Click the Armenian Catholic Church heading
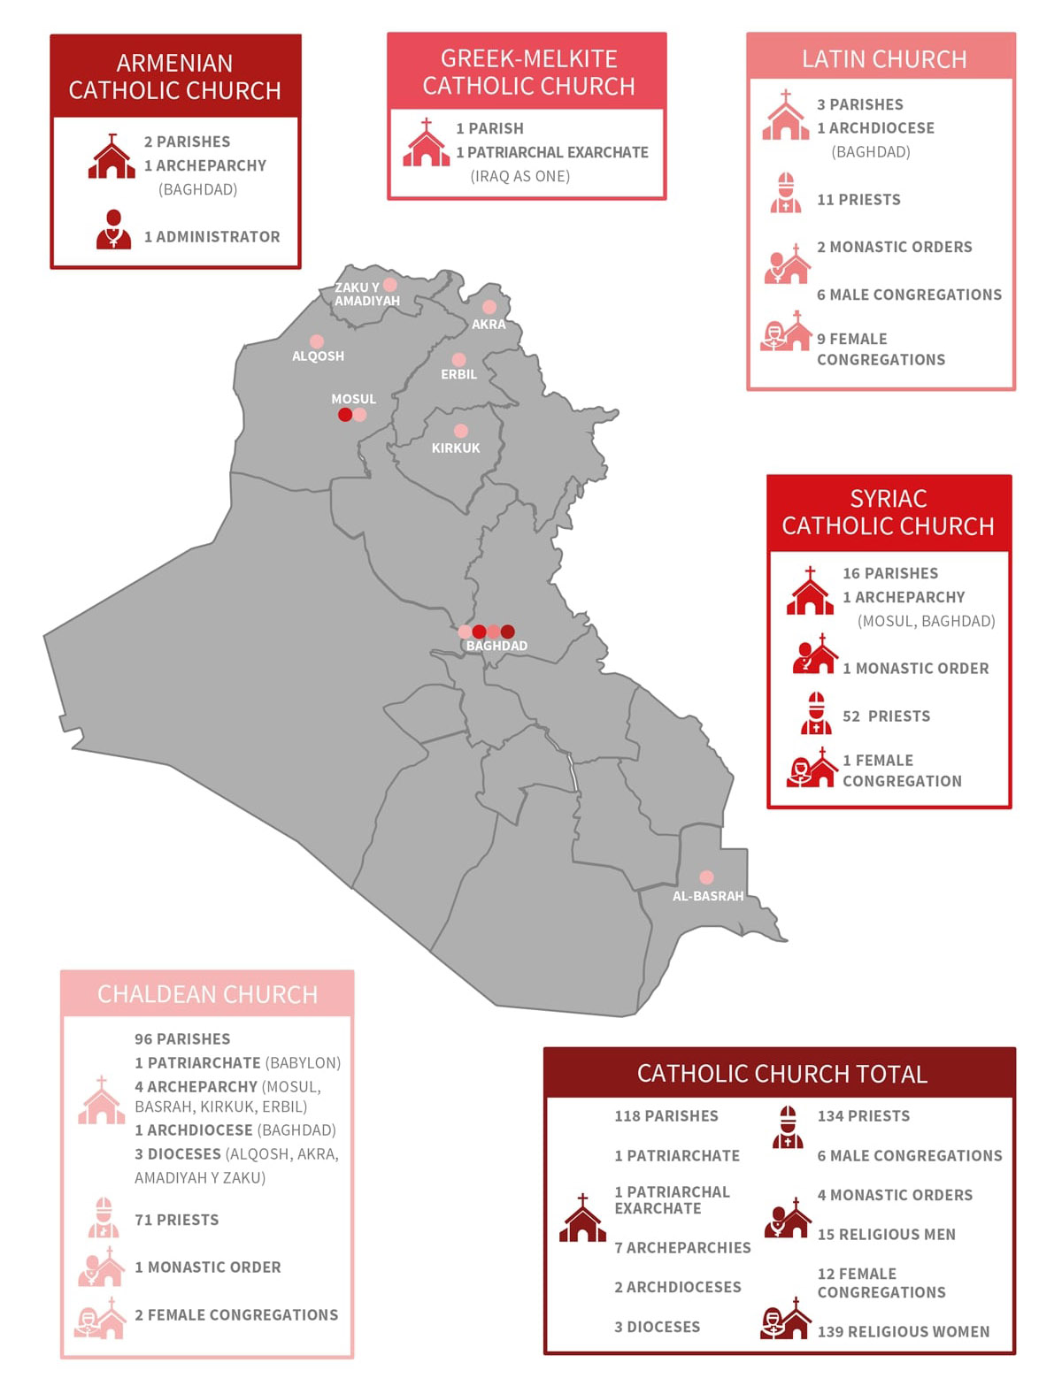(175, 77)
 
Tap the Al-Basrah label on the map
(708, 896)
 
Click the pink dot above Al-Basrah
(706, 877)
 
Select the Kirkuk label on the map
(456, 448)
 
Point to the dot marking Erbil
(458, 360)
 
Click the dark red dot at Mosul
(345, 414)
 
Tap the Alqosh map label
(318, 356)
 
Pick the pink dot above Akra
(489, 307)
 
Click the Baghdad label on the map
(496, 646)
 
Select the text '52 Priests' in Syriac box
(886, 716)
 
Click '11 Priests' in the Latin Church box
(858, 200)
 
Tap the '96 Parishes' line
(182, 1039)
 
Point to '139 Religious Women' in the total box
(903, 1332)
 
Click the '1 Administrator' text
(212, 237)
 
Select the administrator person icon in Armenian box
(113, 230)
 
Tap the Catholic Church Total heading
(781, 1074)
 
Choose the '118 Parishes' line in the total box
(666, 1116)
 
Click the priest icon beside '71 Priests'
(104, 1218)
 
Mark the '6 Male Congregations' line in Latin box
(909, 295)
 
